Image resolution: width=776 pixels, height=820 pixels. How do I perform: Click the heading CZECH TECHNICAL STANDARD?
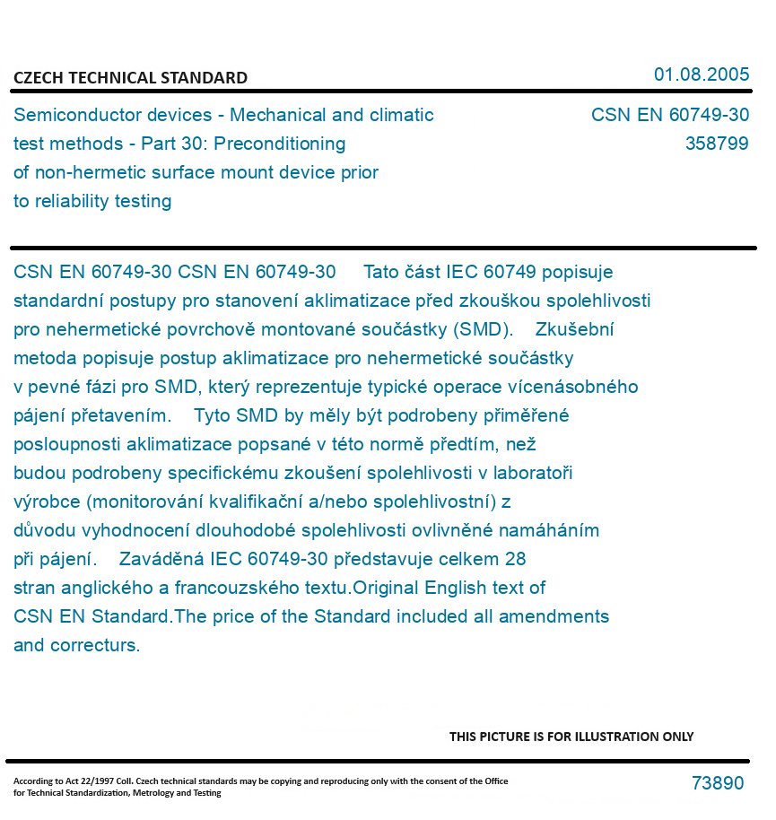pyautogui.click(x=130, y=78)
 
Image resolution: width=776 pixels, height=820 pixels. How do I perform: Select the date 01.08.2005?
pyautogui.click(x=701, y=74)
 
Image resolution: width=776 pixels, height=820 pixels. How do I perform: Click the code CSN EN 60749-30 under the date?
pyautogui.click(x=669, y=116)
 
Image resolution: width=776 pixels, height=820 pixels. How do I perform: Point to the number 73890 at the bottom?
pyautogui.click(x=718, y=783)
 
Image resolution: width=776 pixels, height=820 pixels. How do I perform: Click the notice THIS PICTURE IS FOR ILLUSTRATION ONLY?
pyautogui.click(x=571, y=737)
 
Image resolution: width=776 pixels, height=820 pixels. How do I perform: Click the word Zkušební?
pyautogui.click(x=575, y=329)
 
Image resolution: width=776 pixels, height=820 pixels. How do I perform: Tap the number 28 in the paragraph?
pyautogui.click(x=515, y=559)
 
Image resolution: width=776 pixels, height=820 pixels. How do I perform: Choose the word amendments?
pyautogui.click(x=554, y=616)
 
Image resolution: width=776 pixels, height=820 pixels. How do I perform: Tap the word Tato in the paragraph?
pyautogui.click(x=383, y=272)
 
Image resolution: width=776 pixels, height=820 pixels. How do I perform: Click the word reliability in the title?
pyautogui.click(x=71, y=201)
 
